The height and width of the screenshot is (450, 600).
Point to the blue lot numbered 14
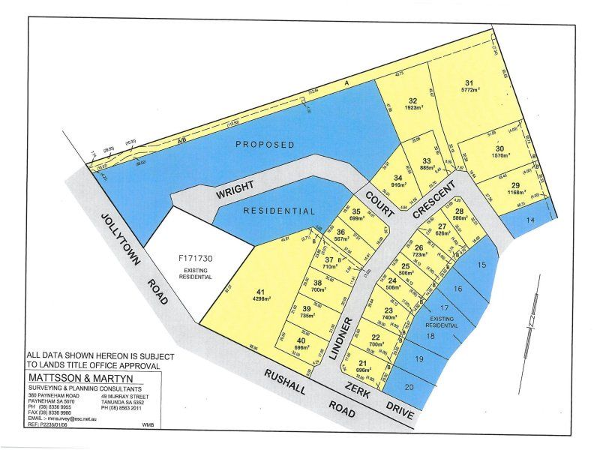531,219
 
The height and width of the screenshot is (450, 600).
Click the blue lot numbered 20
408,387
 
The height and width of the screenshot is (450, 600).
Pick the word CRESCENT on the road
433,198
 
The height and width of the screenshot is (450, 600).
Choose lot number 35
357,211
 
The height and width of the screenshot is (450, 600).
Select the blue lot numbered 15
481,264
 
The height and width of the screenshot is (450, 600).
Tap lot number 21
362,363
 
